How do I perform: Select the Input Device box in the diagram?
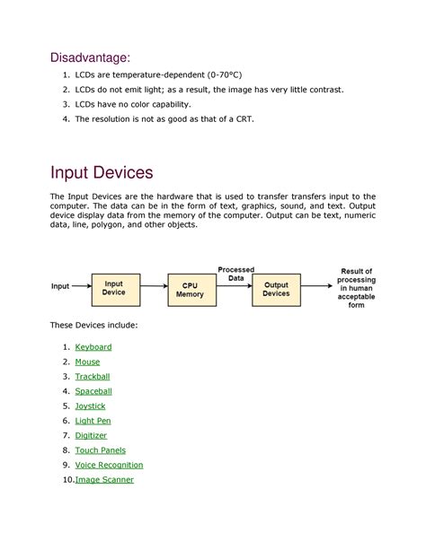click(x=114, y=288)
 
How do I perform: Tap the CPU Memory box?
click(x=190, y=289)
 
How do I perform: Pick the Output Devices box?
click(x=276, y=288)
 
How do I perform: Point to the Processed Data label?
click(x=235, y=274)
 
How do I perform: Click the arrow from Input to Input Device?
click(x=80, y=287)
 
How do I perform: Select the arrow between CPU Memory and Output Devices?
click(x=234, y=289)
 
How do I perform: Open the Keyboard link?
click(x=93, y=347)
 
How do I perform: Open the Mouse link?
click(x=87, y=362)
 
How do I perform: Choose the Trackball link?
click(x=93, y=377)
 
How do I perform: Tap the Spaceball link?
click(x=93, y=391)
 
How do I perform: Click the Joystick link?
click(x=90, y=406)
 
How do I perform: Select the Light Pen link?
click(x=93, y=421)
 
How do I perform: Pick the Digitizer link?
click(x=91, y=436)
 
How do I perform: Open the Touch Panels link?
click(x=101, y=450)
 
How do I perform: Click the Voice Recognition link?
click(x=109, y=465)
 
